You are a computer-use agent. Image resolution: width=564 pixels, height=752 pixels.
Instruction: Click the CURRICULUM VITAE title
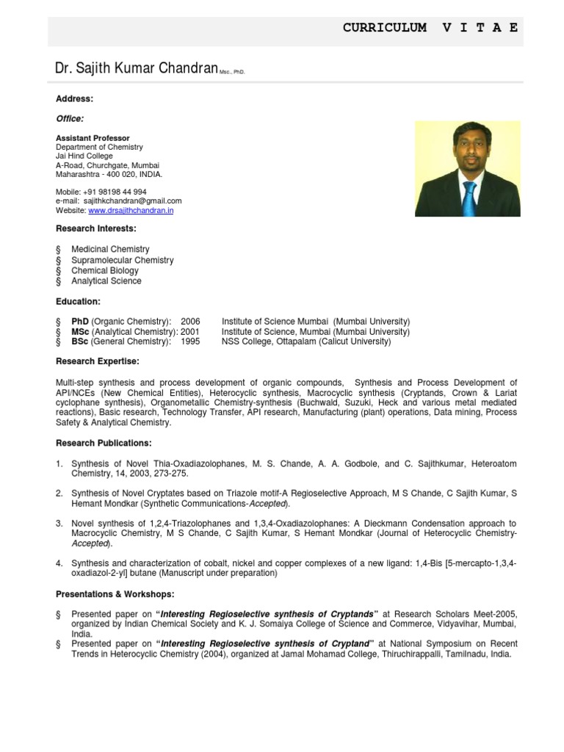coord(430,28)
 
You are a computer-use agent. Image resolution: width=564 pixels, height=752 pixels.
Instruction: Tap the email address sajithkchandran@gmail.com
coord(133,200)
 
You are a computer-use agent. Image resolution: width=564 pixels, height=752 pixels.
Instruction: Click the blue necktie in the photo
coord(469,196)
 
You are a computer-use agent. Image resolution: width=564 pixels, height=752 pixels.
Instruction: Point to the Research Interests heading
coord(95,229)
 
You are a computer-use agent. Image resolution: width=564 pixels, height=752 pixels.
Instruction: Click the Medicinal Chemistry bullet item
coord(110,250)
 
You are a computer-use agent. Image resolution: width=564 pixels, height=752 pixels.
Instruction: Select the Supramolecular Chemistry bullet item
coord(122,260)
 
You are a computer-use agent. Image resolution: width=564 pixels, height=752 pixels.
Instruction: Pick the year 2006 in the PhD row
coord(190,322)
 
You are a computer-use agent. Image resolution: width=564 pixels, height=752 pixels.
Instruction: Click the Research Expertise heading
coord(97,361)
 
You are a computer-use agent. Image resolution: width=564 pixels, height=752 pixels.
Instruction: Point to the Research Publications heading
coord(104,443)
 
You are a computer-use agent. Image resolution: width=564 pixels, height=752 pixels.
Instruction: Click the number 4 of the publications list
coord(59,563)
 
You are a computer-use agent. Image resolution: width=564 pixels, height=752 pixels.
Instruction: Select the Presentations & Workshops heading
coord(115,593)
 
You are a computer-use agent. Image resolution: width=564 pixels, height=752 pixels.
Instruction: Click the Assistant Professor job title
coord(93,138)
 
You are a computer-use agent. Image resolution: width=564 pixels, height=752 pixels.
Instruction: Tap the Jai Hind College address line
coord(84,156)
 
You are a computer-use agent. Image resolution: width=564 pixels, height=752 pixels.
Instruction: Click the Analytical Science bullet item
coord(106,281)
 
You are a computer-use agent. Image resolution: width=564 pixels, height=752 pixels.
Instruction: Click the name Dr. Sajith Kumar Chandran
coord(137,69)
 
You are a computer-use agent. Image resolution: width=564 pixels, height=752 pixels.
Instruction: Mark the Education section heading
coord(79,302)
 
